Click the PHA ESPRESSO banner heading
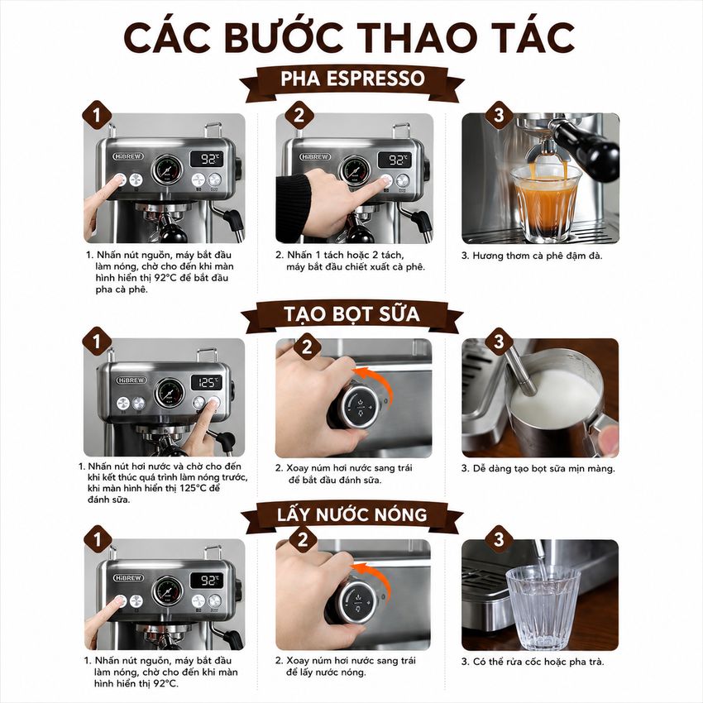coord(352,79)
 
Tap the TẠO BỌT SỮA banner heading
coord(352,313)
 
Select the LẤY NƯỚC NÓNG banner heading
coord(352,514)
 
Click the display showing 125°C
coord(207,382)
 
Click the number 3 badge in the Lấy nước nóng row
coord(499,538)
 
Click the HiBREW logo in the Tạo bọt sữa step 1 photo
coord(132,380)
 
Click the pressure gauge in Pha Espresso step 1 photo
coord(167,170)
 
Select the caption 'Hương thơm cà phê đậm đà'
coord(532,256)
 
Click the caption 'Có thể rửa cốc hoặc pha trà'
coord(533,662)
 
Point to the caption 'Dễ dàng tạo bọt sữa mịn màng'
coord(538,469)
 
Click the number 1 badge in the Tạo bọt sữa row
coord(97,342)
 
